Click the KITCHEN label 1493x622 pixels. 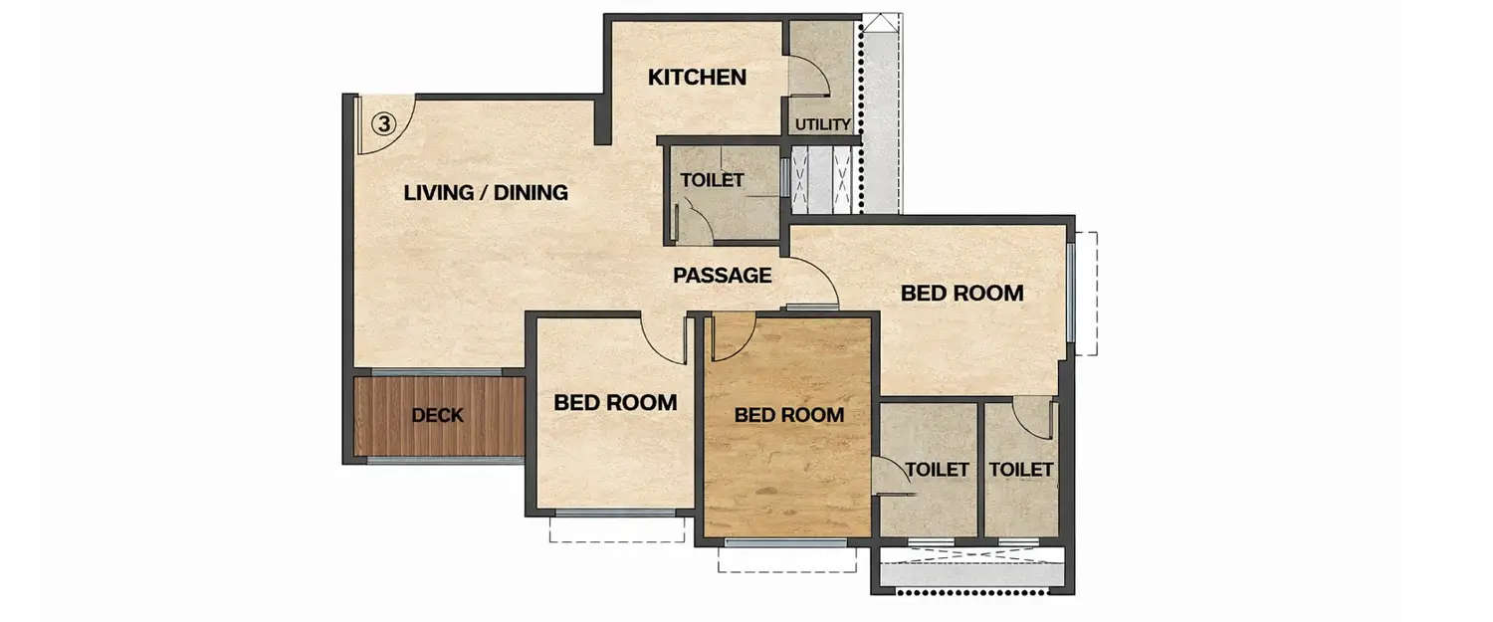click(x=697, y=78)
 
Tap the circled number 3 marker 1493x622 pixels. click(x=384, y=123)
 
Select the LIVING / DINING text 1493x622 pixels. click(x=486, y=193)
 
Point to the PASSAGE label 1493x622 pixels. click(x=722, y=276)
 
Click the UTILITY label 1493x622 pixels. click(x=822, y=124)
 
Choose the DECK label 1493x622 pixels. click(x=437, y=415)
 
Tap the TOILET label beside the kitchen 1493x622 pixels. click(x=712, y=180)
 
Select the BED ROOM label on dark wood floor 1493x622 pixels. click(x=788, y=415)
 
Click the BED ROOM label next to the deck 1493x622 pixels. click(x=615, y=403)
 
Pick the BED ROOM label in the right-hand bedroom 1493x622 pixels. click(x=961, y=294)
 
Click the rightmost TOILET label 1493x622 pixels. click(x=1021, y=469)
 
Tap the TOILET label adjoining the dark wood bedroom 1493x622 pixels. click(x=938, y=469)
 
